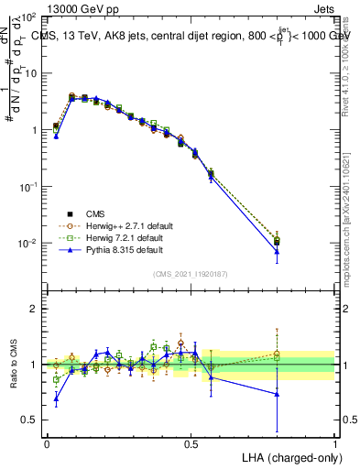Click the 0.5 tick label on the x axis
[191, 442]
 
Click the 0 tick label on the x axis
[47, 442]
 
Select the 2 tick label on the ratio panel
[35, 309]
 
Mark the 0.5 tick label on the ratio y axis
[30, 420]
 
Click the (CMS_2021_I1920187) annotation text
[191, 274]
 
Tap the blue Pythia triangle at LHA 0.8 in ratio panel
[277, 394]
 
